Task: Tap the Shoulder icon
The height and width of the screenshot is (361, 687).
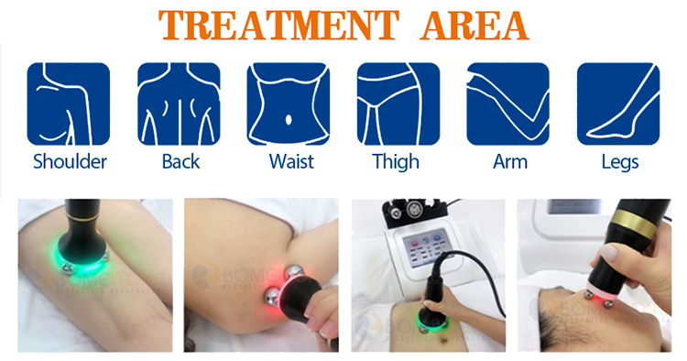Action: coord(70,103)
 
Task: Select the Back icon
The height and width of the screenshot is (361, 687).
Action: coord(180,103)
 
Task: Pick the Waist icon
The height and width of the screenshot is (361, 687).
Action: coord(289,103)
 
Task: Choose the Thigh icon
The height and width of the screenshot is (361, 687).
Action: coord(398,103)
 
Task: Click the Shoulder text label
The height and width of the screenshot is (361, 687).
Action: coord(70,162)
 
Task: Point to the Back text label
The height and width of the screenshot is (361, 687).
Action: coord(180,162)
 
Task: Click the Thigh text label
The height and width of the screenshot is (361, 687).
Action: coord(396,162)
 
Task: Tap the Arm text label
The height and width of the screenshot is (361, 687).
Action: coord(508,162)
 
